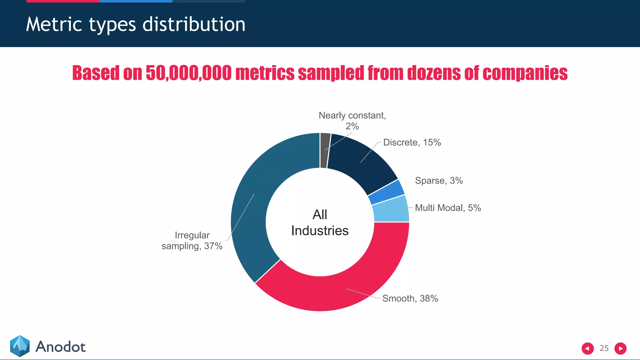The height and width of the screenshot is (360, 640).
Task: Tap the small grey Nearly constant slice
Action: [325, 150]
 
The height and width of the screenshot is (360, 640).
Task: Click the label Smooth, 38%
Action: [410, 298]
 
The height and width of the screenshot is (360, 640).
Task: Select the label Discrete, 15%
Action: [412, 142]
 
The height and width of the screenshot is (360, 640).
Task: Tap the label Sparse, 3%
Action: [439, 181]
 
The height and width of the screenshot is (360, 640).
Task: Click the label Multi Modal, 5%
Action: [448, 208]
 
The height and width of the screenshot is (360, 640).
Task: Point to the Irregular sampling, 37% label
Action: [192, 241]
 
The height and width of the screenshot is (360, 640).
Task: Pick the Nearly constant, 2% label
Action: [352, 121]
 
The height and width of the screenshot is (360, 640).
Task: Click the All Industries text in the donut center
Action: [320, 222]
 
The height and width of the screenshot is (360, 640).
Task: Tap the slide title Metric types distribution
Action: [136, 24]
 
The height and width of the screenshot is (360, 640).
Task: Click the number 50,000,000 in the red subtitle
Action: [189, 73]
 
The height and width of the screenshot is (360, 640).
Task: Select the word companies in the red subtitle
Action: [525, 73]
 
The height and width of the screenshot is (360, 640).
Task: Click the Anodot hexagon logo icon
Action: [20, 346]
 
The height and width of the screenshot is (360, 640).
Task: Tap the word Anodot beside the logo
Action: [60, 347]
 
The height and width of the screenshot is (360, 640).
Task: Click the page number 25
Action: [604, 348]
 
